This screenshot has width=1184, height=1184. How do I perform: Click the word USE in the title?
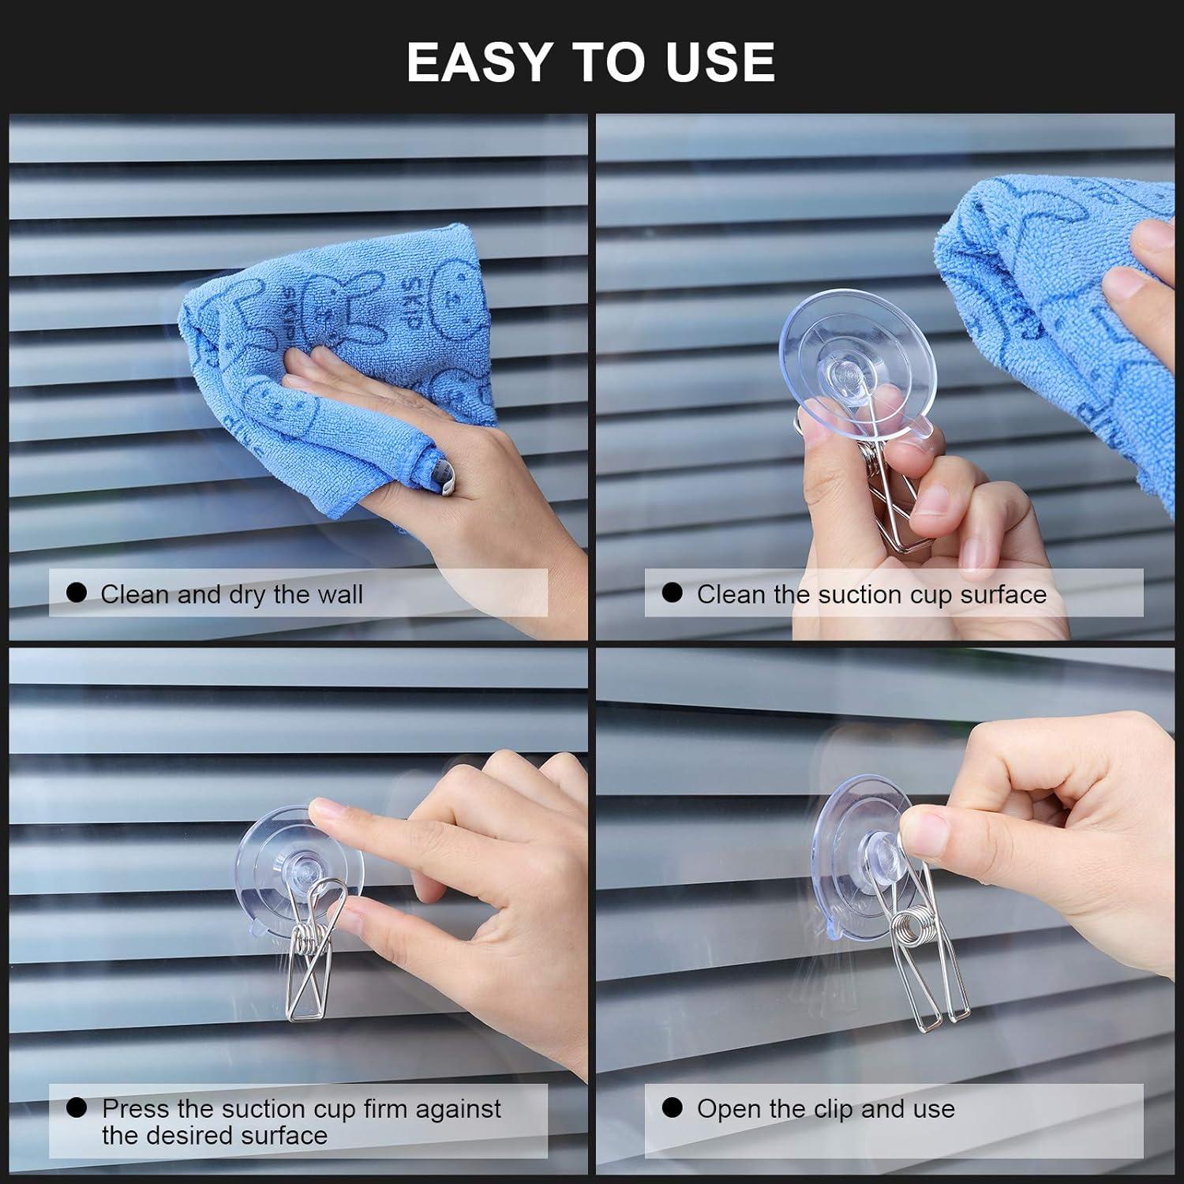click(x=720, y=62)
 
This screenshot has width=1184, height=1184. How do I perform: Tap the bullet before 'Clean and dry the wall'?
click(x=77, y=593)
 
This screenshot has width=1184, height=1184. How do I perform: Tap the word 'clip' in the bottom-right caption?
click(x=829, y=1108)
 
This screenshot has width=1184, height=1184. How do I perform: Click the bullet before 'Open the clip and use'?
click(x=672, y=1107)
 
